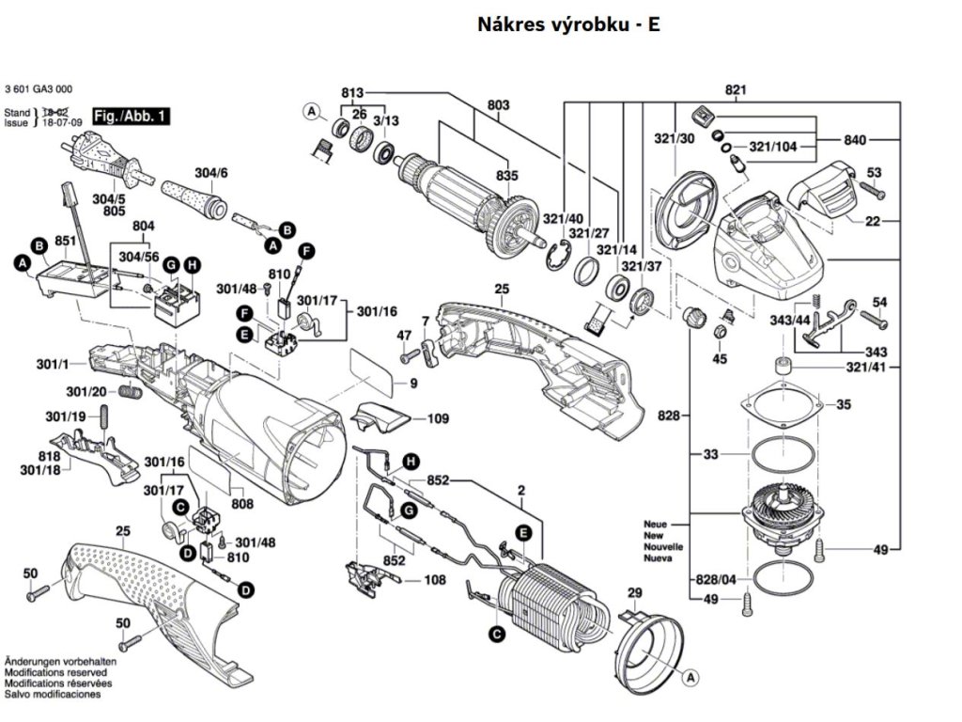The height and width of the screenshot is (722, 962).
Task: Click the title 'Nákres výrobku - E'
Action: point(568,24)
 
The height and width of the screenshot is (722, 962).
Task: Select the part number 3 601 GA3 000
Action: point(39,89)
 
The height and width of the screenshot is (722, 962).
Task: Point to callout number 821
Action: point(735,90)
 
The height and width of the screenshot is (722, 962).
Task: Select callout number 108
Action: point(434,580)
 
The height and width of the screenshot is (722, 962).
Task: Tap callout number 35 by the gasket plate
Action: point(844,405)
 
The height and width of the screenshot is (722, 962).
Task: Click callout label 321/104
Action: point(773,147)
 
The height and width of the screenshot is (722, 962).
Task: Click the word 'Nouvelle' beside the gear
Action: point(663,546)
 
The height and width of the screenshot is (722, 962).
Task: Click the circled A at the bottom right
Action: point(690,676)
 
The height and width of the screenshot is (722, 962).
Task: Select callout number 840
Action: point(854,140)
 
